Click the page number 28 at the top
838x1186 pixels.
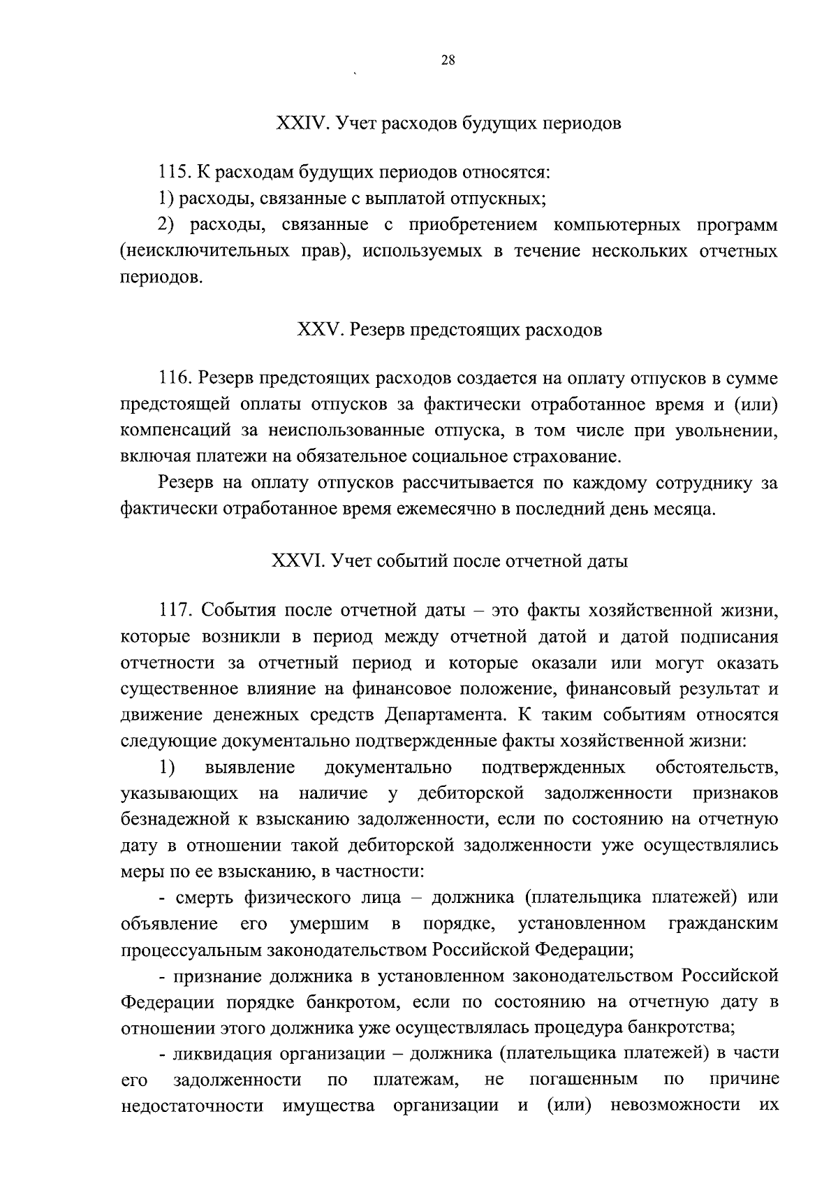(x=448, y=61)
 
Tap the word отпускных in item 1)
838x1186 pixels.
(x=501, y=198)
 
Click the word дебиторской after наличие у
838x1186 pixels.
(x=471, y=793)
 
